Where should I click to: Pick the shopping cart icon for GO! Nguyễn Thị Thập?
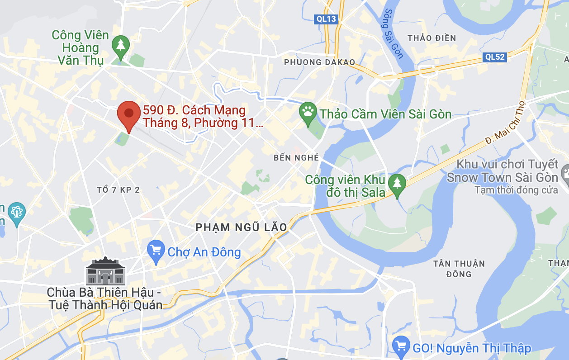click(x=401, y=346)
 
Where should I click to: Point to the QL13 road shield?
click(x=326, y=19)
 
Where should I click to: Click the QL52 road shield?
click(x=494, y=57)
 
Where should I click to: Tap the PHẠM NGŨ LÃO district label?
click(x=242, y=227)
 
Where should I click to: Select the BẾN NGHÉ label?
click(x=296, y=158)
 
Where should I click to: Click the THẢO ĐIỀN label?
click(x=431, y=38)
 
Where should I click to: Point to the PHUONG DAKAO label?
click(x=319, y=62)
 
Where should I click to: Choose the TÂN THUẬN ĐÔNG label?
click(x=459, y=269)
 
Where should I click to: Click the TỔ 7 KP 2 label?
click(x=119, y=190)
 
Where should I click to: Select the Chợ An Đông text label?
click(x=204, y=252)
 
